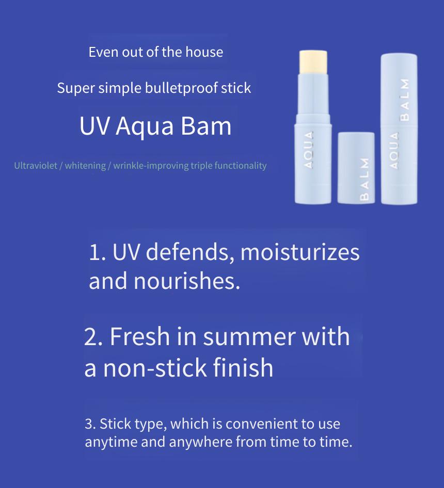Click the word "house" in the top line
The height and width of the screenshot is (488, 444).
click(204, 52)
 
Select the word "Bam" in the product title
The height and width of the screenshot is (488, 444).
click(206, 126)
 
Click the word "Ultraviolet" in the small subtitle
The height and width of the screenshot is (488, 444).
click(36, 165)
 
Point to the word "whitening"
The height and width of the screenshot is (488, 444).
click(85, 166)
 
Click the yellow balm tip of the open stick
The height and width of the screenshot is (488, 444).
click(313, 62)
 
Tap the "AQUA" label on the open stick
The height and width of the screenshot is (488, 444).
click(308, 150)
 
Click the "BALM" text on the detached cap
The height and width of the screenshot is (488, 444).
click(364, 179)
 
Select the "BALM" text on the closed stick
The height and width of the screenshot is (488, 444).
click(404, 100)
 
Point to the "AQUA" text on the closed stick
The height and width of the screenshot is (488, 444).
click(394, 151)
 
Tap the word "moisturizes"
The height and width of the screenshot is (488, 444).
click(300, 252)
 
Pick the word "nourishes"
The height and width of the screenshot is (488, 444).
click(187, 281)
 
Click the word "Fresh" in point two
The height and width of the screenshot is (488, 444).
click(139, 336)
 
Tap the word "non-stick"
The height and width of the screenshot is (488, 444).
click(155, 368)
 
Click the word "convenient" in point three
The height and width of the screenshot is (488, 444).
click(257, 424)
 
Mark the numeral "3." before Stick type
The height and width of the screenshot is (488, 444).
click(90, 424)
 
